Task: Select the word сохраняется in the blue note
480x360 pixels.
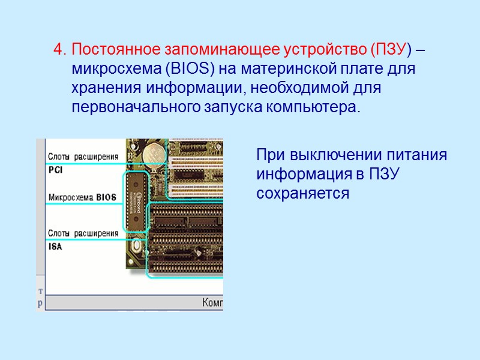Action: [x=303, y=194]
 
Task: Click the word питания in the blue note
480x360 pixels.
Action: [x=424, y=155]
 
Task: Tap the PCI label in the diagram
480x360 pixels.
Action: [x=56, y=170]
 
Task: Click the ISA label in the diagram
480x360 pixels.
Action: [x=55, y=246]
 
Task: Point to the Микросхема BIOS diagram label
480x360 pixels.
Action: [x=82, y=197]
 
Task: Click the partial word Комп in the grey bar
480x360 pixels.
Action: [x=213, y=302]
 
